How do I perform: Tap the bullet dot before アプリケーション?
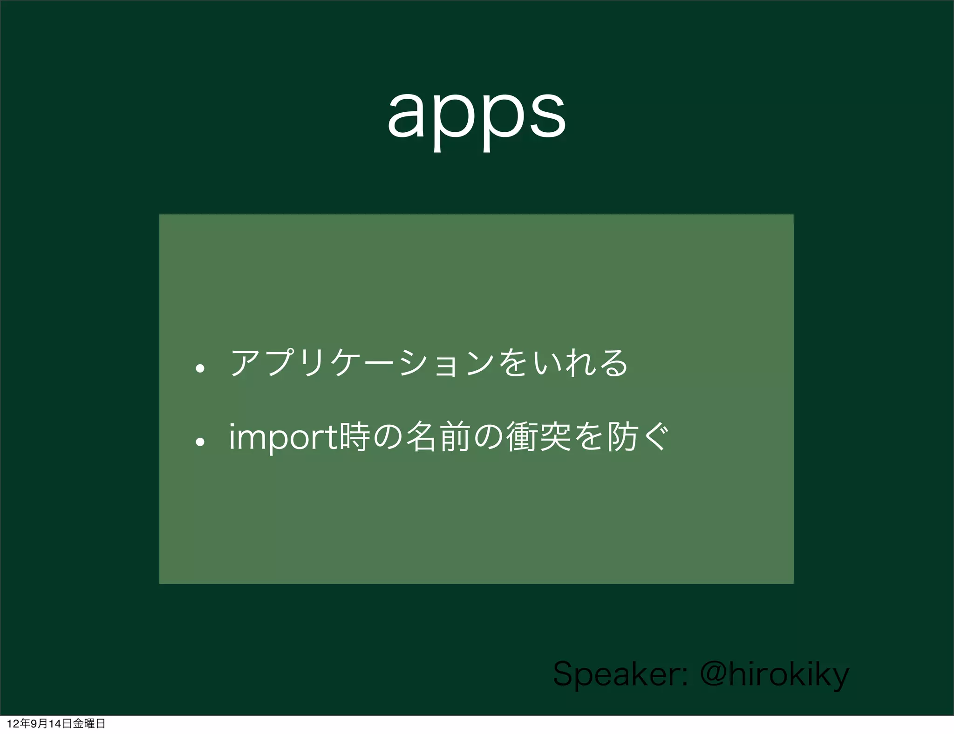[200, 369]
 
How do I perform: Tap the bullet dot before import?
[200, 442]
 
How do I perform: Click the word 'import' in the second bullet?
[283, 438]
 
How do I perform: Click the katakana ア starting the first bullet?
[245, 363]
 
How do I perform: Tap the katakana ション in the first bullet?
[447, 364]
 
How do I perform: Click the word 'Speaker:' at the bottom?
[620, 674]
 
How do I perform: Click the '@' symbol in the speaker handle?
[713, 673]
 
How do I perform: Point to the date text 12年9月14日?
[39, 723]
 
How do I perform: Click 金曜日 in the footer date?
[89, 723]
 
